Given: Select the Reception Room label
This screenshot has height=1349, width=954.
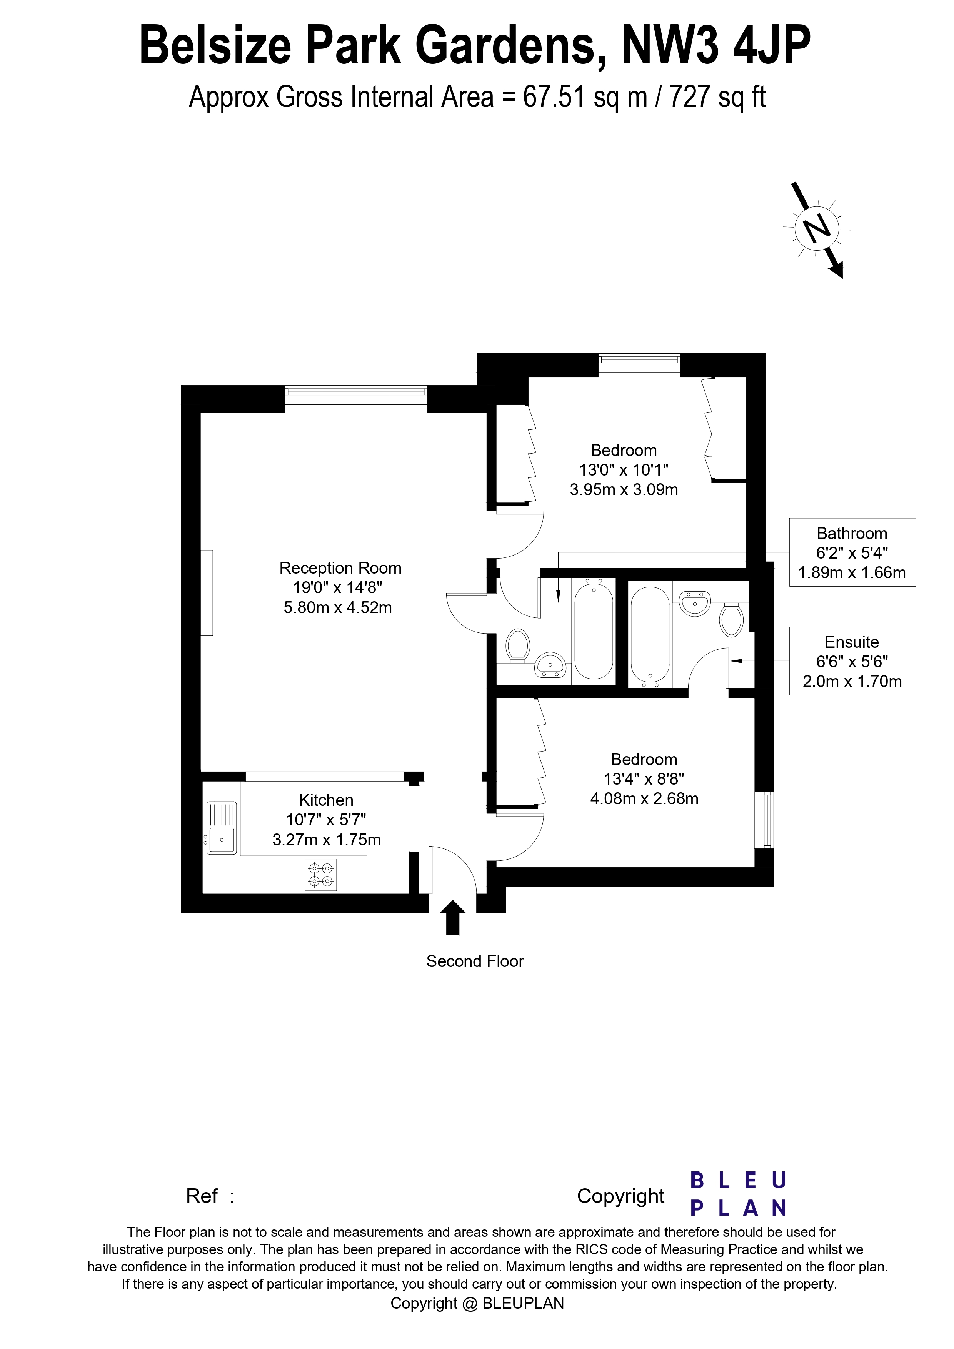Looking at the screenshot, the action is coord(340,568).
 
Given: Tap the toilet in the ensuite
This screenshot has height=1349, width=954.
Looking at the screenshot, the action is coord(732,620).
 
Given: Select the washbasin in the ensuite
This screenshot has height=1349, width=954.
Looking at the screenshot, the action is coord(695,604).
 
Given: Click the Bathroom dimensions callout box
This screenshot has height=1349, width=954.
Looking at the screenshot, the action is coord(852,552).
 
